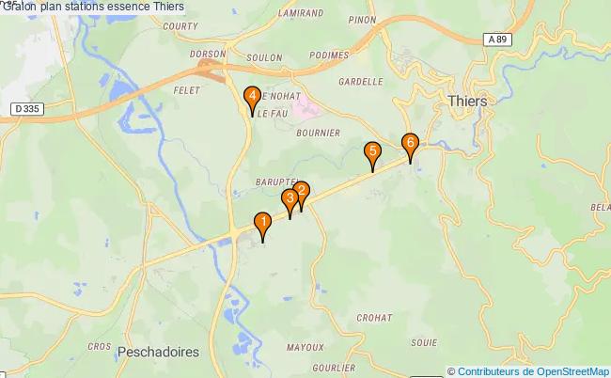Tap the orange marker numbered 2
pos(301,192)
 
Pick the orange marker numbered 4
pos(252,96)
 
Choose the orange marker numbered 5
pos(373,151)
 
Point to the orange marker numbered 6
pos(410,144)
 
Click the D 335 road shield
pos(28,110)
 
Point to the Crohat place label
pos(374,318)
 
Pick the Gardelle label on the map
pos(360,82)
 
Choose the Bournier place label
pos(318,134)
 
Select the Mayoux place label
pos(305,347)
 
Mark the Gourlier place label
pos(335,368)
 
